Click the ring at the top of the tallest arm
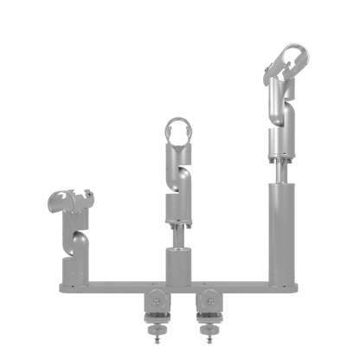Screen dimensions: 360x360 [289, 61]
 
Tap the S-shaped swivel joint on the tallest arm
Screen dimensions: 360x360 [279, 104]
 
